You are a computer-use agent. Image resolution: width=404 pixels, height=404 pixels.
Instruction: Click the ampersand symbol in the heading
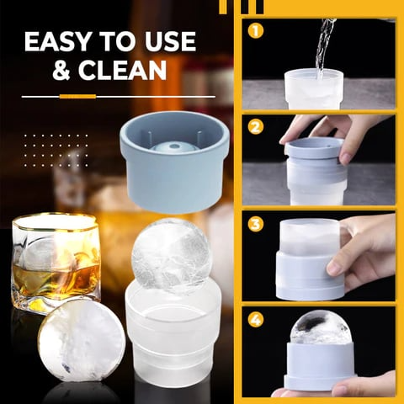click(63, 71)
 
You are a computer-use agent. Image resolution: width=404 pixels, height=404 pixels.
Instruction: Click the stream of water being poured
click(322, 46)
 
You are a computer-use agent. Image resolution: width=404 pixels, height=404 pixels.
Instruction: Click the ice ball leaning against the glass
click(81, 340)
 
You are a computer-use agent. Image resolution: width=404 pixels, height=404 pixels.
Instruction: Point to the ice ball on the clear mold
click(172, 256)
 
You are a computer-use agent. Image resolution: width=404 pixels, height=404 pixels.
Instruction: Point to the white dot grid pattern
click(56, 148)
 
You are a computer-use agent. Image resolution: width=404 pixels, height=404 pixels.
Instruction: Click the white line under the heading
click(118, 96)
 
